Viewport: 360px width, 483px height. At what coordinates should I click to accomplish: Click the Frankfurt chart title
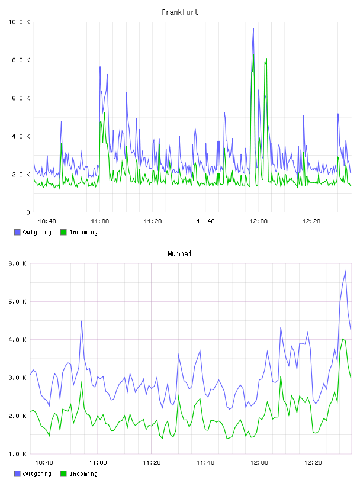coord(180,12)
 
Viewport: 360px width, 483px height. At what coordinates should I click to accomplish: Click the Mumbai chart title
coord(179,254)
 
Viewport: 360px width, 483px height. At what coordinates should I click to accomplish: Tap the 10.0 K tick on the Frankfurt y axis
coord(19,22)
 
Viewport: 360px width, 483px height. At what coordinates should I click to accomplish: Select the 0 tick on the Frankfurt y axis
coord(28,212)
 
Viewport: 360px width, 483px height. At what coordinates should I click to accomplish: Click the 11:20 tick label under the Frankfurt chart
coord(153,221)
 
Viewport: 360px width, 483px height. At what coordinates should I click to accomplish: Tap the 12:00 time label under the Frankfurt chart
coord(259,221)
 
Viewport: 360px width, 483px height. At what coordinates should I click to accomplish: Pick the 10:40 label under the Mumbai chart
coord(44,463)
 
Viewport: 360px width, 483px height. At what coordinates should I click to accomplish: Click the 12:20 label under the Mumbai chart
coord(313,463)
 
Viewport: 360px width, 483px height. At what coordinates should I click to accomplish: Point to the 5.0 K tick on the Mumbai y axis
coord(18,301)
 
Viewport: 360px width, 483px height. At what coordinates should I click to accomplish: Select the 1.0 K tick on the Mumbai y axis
coord(18,454)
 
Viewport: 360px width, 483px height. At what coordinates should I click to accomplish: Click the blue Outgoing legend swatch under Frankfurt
coord(17,232)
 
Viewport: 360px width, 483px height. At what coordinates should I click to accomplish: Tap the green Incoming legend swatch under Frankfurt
coord(63,232)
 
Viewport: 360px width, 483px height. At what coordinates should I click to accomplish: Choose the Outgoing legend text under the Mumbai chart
coord(37,474)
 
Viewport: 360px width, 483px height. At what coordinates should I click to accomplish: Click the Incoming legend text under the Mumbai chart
coord(83,474)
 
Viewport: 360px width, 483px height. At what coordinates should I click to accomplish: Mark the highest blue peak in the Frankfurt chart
coord(253,28)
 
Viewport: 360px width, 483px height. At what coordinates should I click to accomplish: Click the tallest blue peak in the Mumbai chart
coord(345,271)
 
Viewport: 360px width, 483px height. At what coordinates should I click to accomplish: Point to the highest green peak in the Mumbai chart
coord(343,339)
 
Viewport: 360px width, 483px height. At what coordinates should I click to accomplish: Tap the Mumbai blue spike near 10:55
coord(81,321)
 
